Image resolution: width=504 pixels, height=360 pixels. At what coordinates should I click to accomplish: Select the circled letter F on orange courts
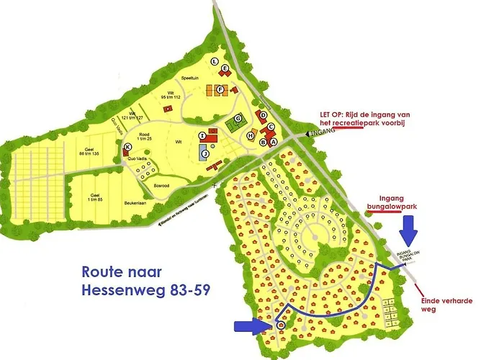pyautogui.click(x=221, y=89)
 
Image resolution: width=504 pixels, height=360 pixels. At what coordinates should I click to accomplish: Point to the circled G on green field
pyautogui.click(x=237, y=118)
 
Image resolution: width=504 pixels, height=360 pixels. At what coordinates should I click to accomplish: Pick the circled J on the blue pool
pyautogui.click(x=204, y=153)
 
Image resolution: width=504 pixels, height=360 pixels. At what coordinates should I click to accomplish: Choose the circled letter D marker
pyautogui.click(x=264, y=114)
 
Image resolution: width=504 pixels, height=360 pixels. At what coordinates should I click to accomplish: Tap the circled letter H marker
pyautogui.click(x=251, y=135)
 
